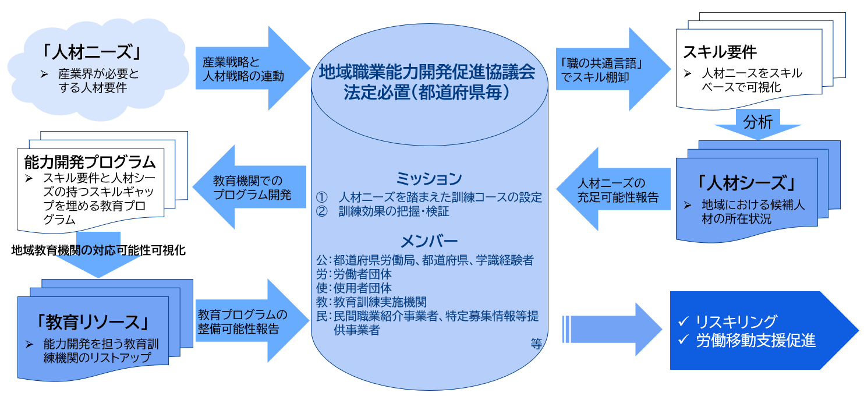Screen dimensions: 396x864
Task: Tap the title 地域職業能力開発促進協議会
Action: point(427,73)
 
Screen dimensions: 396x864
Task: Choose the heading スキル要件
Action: point(720,52)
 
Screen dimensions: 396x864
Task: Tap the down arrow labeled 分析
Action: point(757,124)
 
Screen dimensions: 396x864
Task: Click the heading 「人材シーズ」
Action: point(746,183)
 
